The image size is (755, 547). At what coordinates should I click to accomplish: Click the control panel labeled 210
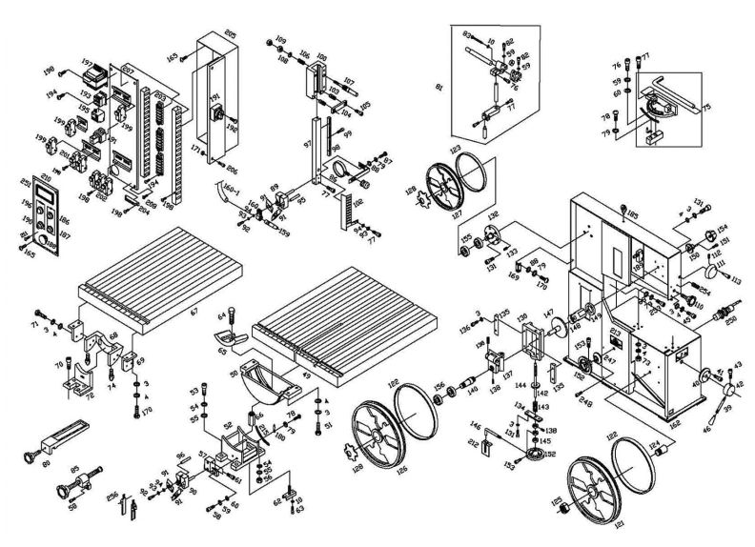(43, 217)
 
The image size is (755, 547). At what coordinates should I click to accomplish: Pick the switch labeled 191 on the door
(217, 115)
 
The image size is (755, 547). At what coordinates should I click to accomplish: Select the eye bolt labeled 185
(621, 211)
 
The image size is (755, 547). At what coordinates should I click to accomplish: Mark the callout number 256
(112, 496)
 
